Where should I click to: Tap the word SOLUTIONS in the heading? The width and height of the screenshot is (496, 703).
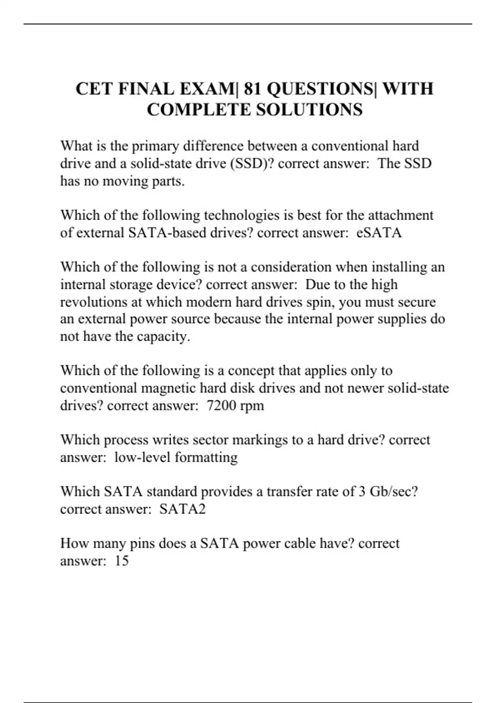[309, 110]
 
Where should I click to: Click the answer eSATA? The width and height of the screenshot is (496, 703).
[379, 233]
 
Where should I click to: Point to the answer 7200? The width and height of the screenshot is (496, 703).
[221, 406]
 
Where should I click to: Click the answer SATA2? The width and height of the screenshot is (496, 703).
[182, 509]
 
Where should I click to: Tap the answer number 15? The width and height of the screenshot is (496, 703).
[122, 561]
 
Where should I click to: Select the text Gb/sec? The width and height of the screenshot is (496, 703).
[394, 492]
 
